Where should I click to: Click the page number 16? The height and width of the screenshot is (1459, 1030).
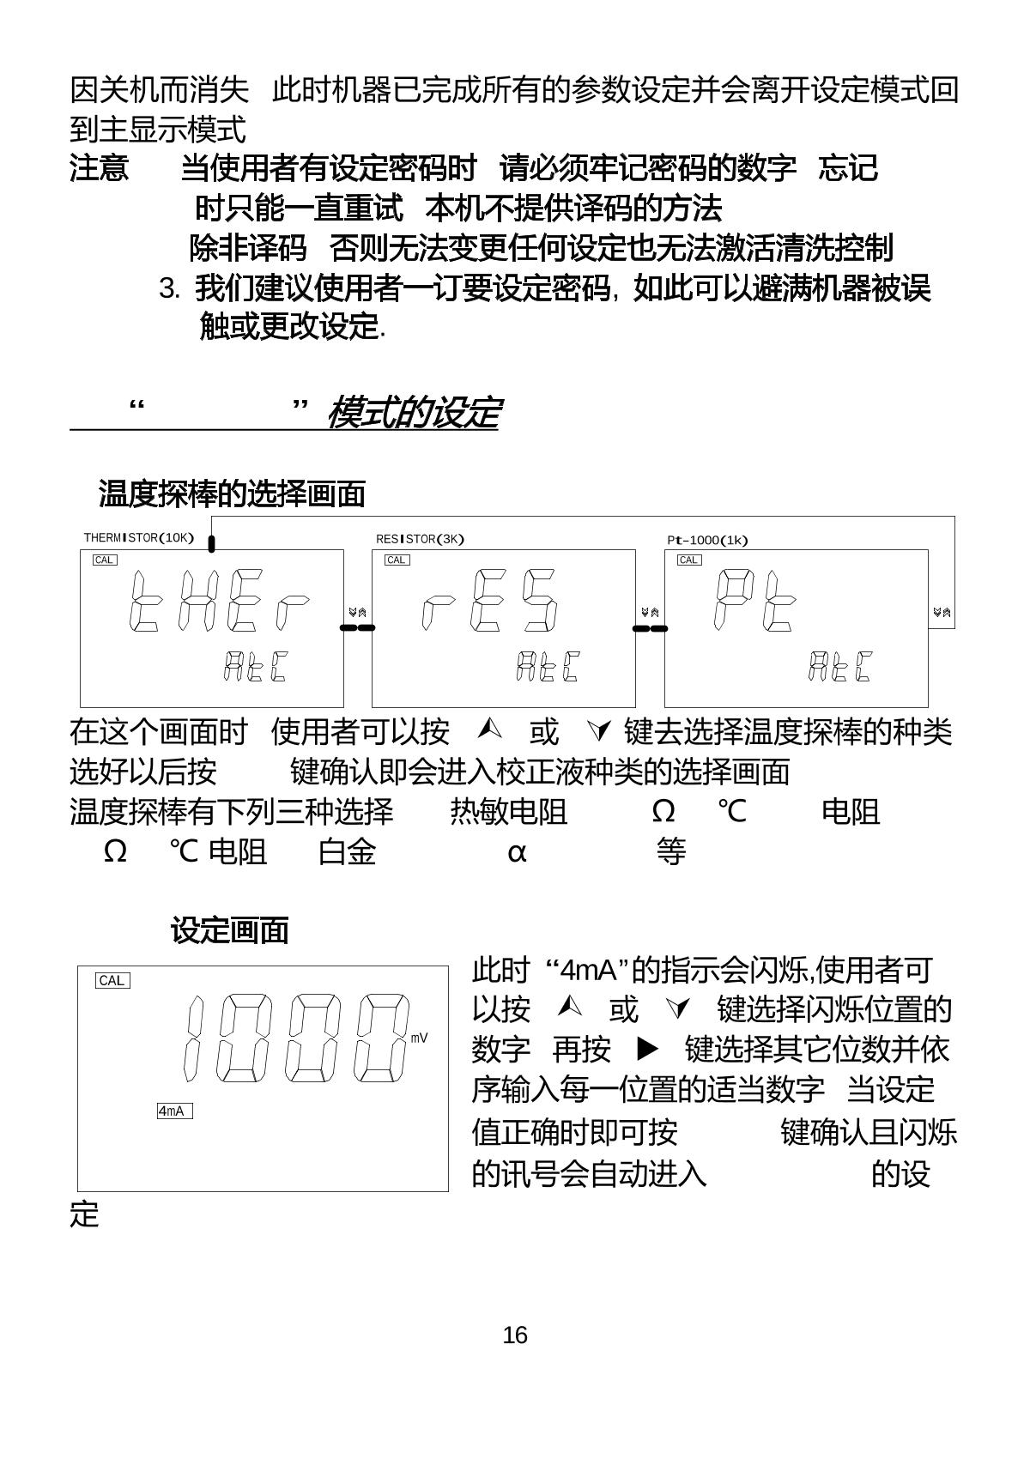tap(515, 1335)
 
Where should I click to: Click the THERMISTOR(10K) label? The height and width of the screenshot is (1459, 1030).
tap(139, 538)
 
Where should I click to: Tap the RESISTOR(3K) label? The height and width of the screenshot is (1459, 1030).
tap(420, 539)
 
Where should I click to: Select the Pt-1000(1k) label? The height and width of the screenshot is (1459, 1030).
tap(707, 540)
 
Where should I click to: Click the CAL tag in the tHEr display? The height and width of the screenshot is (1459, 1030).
tap(105, 560)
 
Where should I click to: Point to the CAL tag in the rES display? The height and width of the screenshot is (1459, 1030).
tap(397, 560)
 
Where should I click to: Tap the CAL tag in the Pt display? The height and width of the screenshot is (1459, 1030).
tap(689, 560)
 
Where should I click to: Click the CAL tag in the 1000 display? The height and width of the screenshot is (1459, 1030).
tap(112, 980)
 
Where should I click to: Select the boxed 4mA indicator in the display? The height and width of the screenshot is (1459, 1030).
tap(174, 1111)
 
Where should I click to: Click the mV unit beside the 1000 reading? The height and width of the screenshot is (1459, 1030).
tap(419, 1038)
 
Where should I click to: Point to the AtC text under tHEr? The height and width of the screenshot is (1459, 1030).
tap(255, 666)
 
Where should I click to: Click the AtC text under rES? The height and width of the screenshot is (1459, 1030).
tap(548, 666)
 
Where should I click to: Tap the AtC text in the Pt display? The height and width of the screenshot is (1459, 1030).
tap(840, 666)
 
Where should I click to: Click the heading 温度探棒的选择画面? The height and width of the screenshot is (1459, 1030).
tap(232, 493)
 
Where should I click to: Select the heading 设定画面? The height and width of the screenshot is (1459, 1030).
tap(229, 930)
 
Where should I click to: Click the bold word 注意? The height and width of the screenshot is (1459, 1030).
tap(100, 168)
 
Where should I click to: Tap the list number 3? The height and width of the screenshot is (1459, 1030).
tap(169, 289)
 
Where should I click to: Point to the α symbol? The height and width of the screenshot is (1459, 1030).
tap(516, 852)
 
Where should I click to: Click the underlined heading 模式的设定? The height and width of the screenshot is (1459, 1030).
tap(413, 413)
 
